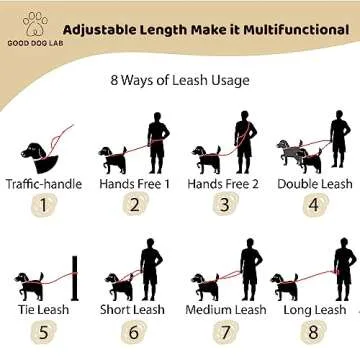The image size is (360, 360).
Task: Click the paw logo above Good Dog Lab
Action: click(x=35, y=20)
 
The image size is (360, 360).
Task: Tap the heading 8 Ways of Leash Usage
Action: click(x=179, y=79)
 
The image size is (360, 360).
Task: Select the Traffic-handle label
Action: click(x=43, y=184)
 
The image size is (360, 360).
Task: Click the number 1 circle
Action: click(x=43, y=207)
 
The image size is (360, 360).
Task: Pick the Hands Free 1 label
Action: click(x=135, y=184)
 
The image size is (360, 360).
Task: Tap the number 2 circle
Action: click(x=135, y=207)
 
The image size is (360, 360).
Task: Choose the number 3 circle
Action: click(x=224, y=207)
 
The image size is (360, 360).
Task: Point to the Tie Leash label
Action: click(x=43, y=310)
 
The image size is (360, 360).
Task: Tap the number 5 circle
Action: click(x=43, y=333)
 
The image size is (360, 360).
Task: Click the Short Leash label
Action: click(x=132, y=310)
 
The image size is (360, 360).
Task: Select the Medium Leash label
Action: click(x=226, y=310)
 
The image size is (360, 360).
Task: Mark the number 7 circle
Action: click(x=225, y=333)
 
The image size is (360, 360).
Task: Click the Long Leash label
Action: click(x=314, y=310)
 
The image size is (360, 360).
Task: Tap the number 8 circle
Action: click(x=314, y=333)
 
